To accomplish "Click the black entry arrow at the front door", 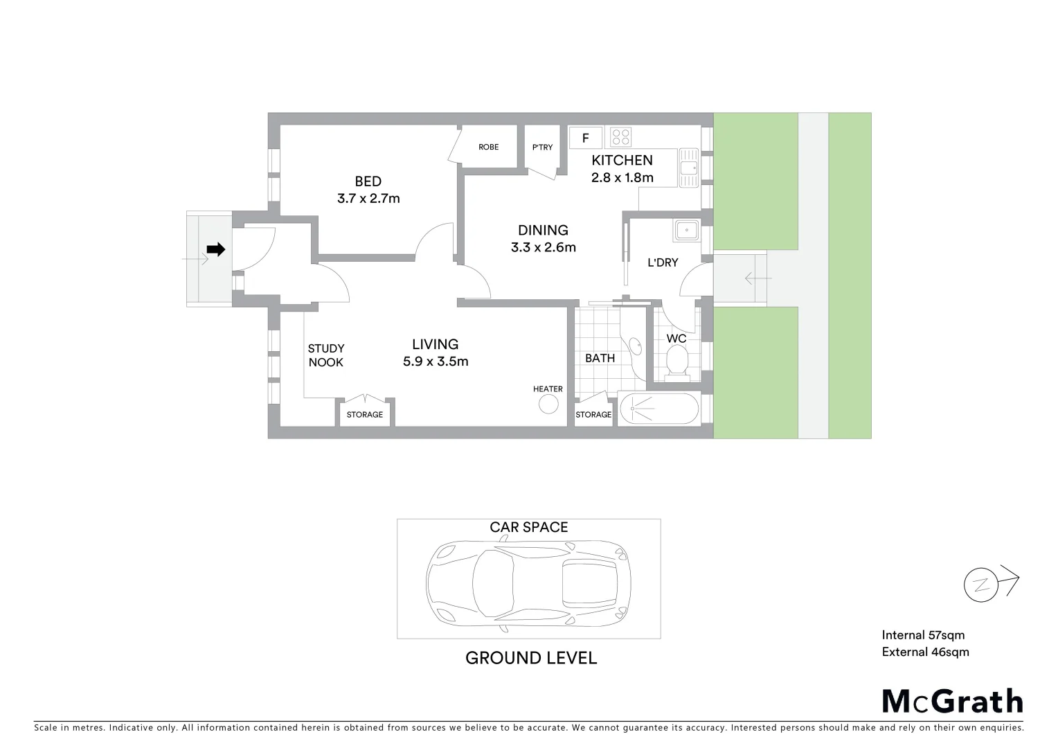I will (216, 250).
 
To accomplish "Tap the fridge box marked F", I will (585, 138).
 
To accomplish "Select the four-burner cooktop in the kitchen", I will (620, 137).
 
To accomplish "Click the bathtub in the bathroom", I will (658, 409).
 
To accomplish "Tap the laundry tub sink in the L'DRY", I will (686, 229).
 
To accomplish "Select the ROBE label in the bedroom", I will (488, 147).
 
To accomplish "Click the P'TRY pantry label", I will (542, 147).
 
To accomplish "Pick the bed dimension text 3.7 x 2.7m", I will (368, 199).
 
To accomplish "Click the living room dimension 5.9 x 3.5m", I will (436, 362).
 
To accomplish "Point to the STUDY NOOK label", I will (325, 355).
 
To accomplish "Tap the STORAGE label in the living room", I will (364, 415).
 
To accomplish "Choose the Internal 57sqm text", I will (923, 635).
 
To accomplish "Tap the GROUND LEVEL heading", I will (530, 658).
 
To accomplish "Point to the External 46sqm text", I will (925, 652).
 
